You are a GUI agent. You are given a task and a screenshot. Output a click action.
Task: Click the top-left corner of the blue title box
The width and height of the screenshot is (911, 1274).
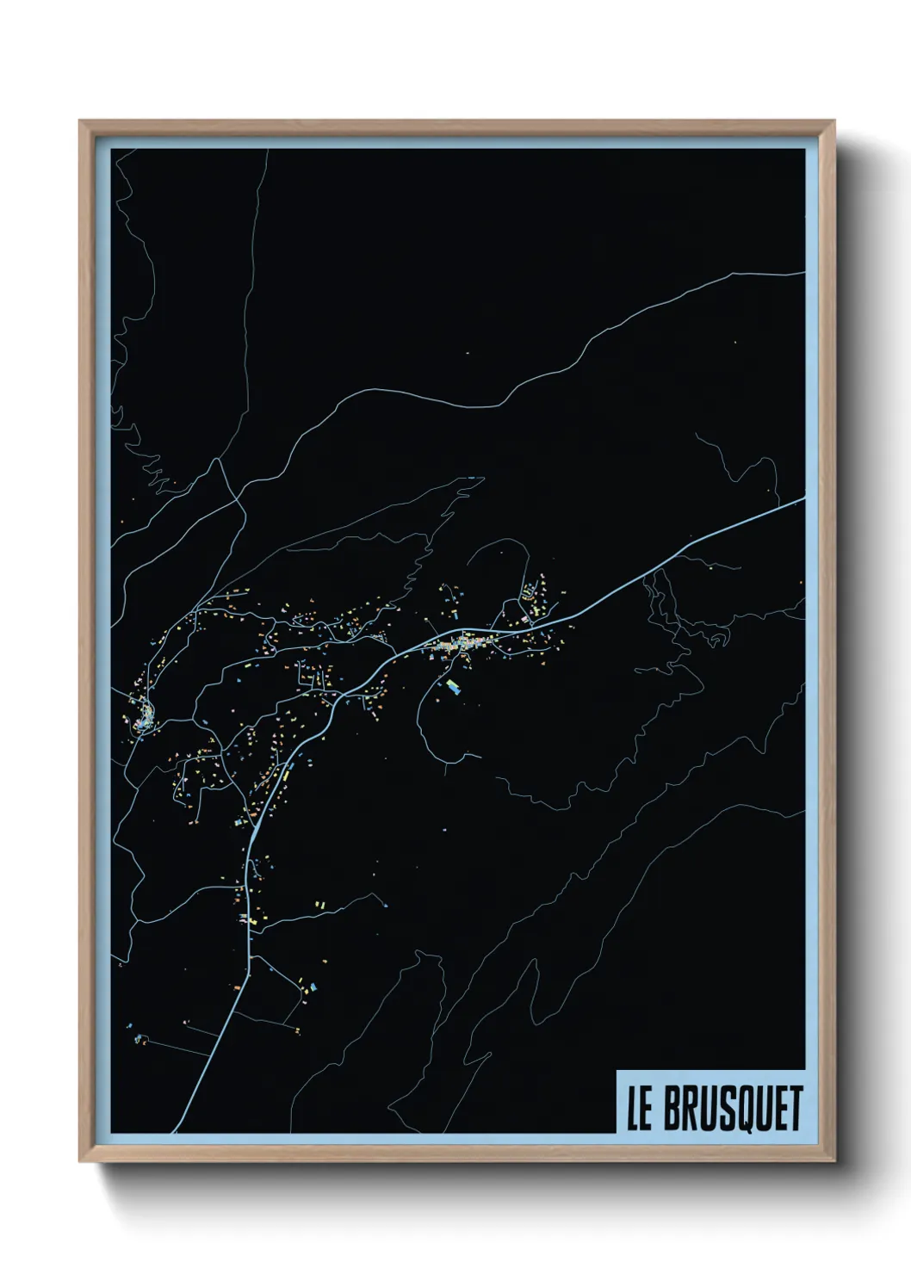[x=617, y=1070]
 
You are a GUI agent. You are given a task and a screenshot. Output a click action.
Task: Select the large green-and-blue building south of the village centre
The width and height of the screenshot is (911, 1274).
[x=452, y=686]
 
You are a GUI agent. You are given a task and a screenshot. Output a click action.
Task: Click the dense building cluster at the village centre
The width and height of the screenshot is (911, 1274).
[x=461, y=644]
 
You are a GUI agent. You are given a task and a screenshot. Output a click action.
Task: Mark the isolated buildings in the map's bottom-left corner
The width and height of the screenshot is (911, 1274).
[x=138, y=1033]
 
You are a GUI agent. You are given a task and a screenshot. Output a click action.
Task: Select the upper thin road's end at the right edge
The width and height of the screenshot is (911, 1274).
[x=804, y=274]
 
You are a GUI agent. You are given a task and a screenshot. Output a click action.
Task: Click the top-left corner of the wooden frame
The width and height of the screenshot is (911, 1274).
[x=80, y=121]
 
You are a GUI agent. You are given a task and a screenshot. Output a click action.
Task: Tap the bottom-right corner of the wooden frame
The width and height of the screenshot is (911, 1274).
[x=834, y=1163]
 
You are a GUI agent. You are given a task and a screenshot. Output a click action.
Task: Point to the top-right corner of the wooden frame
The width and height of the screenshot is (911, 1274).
[x=834, y=121]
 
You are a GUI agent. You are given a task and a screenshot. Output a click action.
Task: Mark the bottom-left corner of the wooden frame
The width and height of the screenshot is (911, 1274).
[x=80, y=1163]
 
